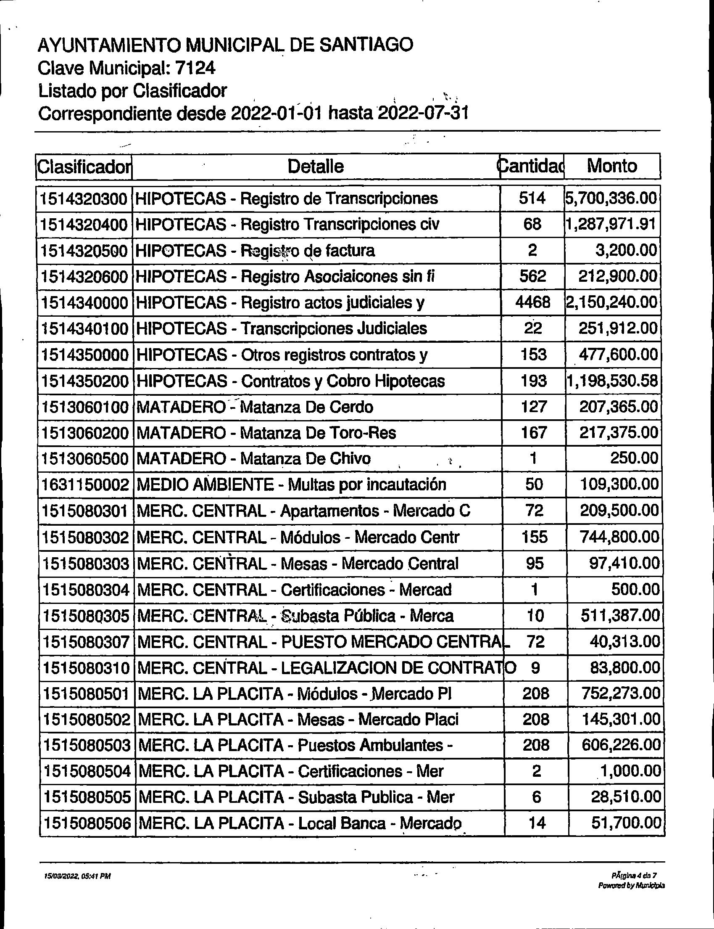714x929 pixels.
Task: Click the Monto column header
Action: pos(611,166)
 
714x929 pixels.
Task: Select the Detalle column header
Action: pos(315,166)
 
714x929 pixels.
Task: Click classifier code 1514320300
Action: pos(84,199)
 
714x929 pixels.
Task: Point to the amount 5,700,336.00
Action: pos(611,199)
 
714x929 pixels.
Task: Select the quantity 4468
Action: pos(532,302)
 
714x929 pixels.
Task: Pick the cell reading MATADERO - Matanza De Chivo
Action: pos(254,458)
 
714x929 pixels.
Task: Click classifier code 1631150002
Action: pos(85,484)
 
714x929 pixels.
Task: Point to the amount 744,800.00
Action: pos(619,537)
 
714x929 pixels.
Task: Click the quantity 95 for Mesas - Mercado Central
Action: pos(534,563)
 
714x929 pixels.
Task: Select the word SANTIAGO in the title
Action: pos(366,45)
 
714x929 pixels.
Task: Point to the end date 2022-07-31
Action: pos(423,113)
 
